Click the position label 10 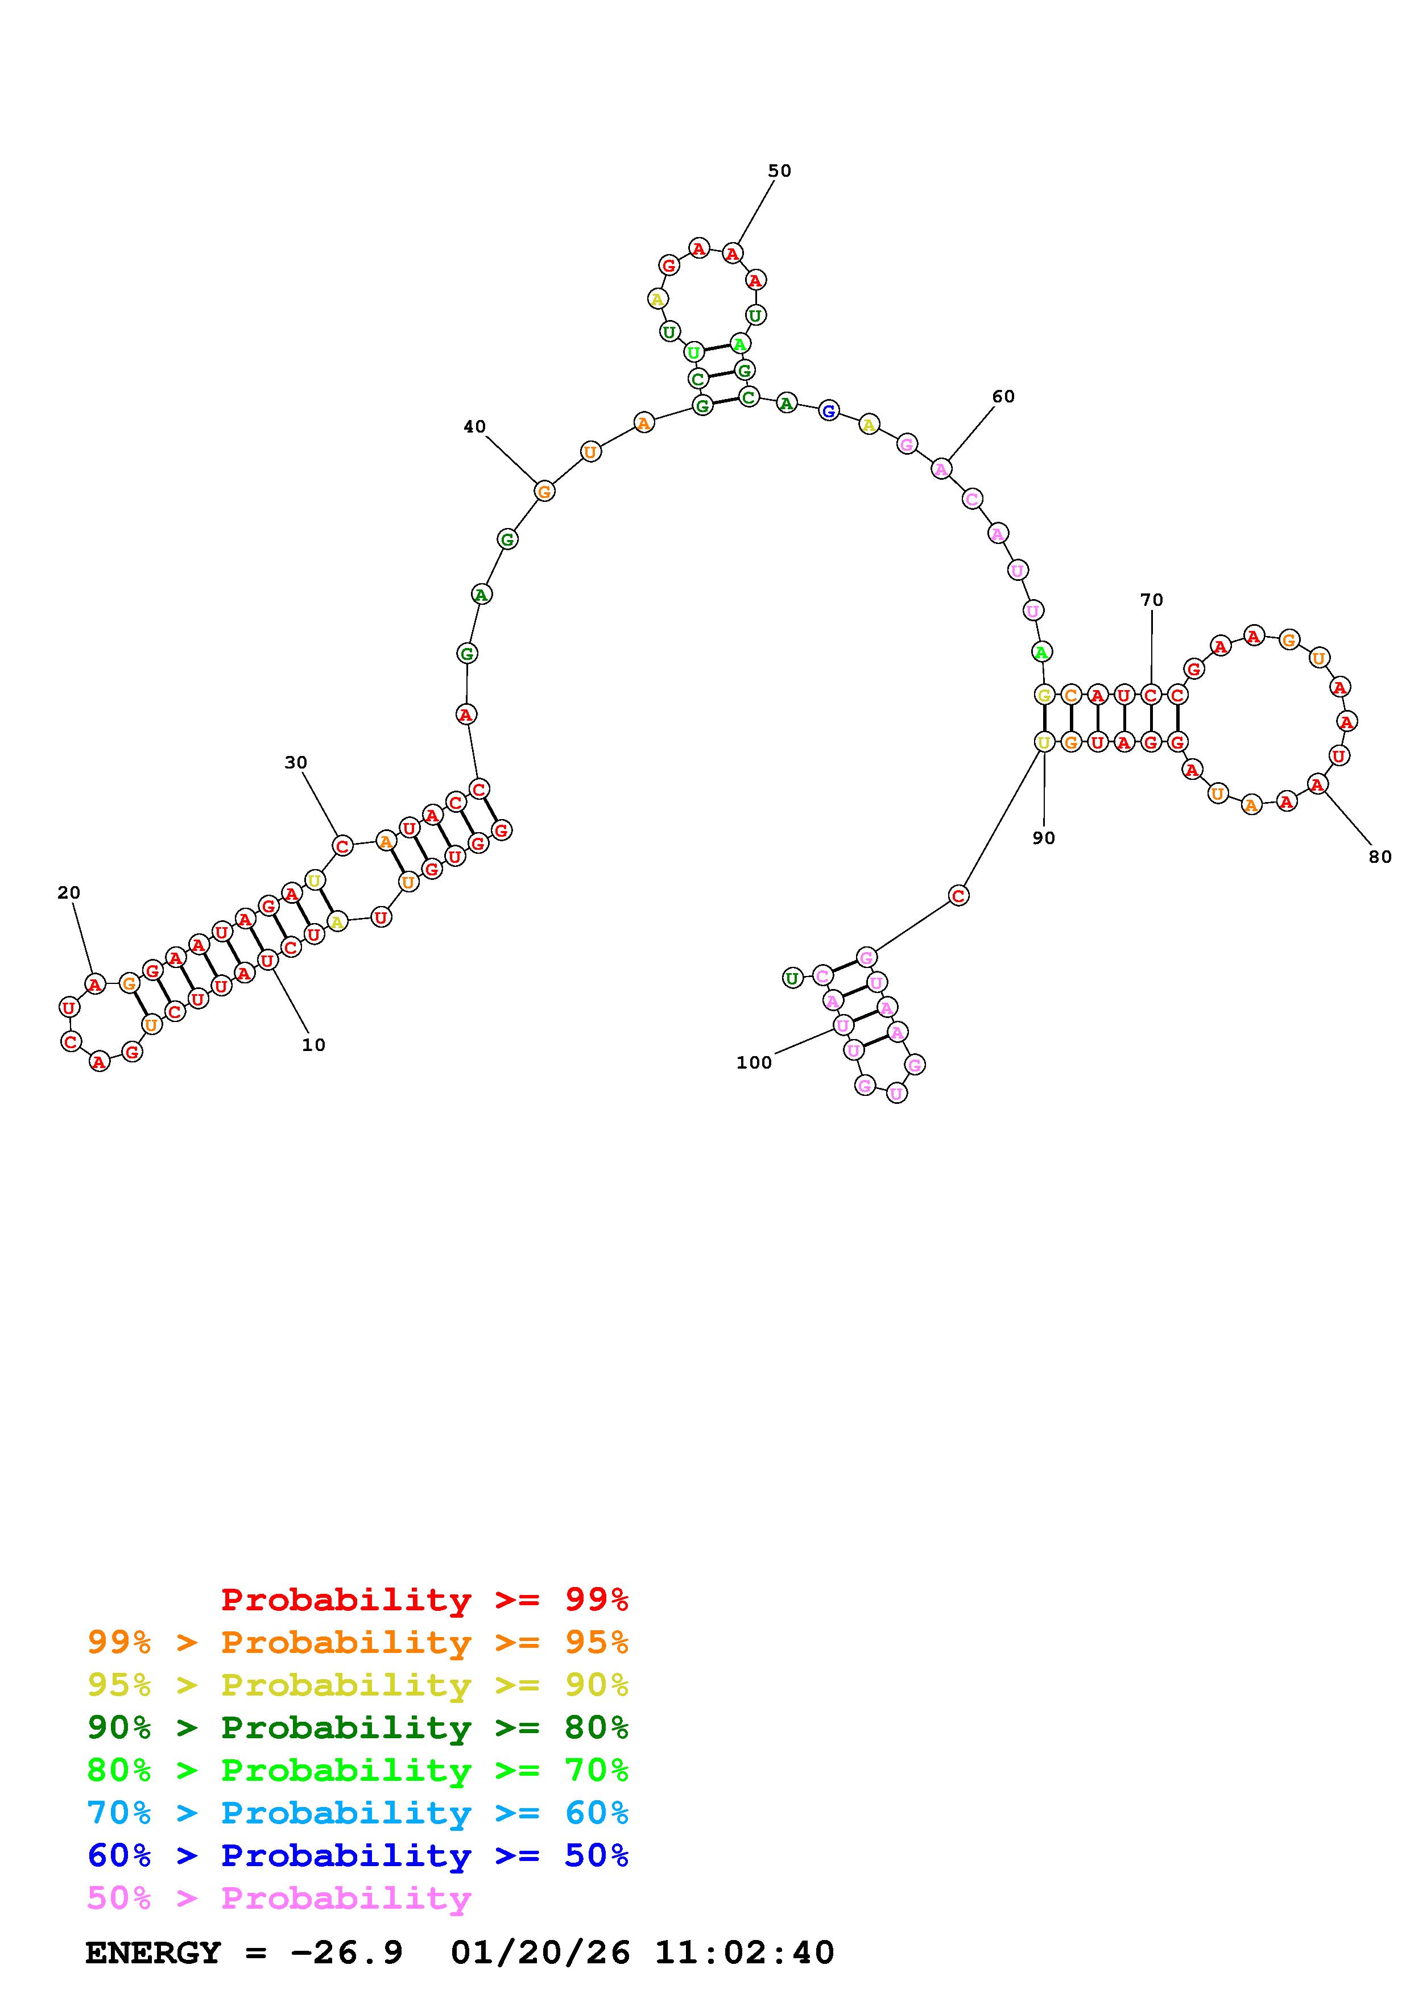click(313, 1045)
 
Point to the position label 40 click(474, 426)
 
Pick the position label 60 click(1003, 397)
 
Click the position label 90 click(1043, 838)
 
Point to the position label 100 click(754, 1063)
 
